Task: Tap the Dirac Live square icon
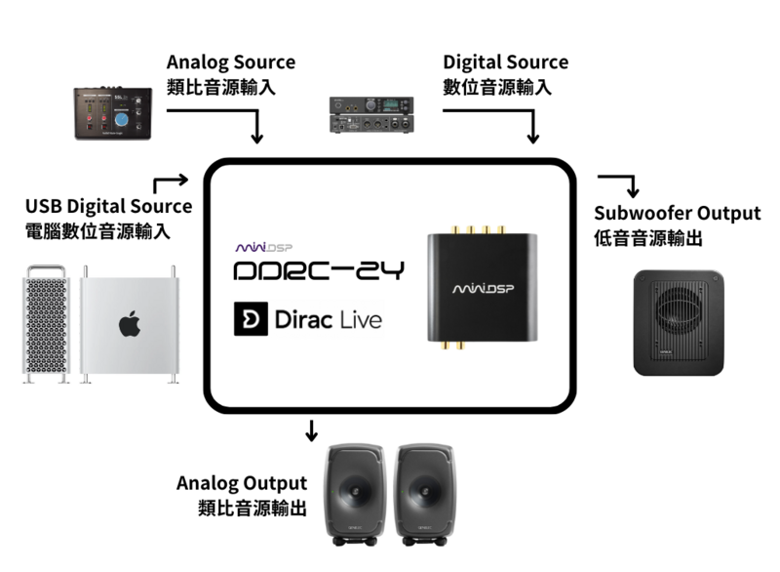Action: click(x=251, y=319)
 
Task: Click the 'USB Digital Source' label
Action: click(x=108, y=207)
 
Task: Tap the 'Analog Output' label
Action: click(x=242, y=483)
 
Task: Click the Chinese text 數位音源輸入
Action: click(x=497, y=87)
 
